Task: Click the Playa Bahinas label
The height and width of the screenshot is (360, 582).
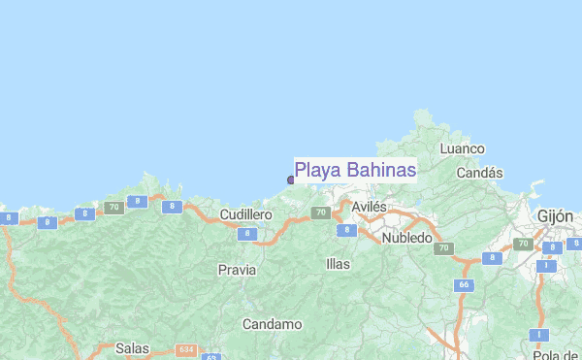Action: pyautogui.click(x=355, y=171)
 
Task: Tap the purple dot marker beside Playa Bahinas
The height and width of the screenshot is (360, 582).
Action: pyautogui.click(x=290, y=180)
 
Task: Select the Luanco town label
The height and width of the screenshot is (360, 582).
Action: pyautogui.click(x=462, y=148)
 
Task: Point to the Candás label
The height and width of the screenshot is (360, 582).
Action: pyautogui.click(x=480, y=173)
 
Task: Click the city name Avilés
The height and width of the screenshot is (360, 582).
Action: pyautogui.click(x=369, y=208)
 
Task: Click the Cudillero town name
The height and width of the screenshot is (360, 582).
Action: pyautogui.click(x=245, y=213)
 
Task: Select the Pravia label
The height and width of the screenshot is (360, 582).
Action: pyautogui.click(x=237, y=269)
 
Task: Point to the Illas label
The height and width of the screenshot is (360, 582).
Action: pyautogui.click(x=338, y=263)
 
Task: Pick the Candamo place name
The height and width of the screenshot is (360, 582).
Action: pyautogui.click(x=272, y=324)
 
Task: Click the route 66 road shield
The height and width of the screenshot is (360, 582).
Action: pyautogui.click(x=464, y=285)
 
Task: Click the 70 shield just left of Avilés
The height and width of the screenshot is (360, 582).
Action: pyautogui.click(x=320, y=213)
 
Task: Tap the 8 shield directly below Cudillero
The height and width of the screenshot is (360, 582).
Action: pyautogui.click(x=247, y=234)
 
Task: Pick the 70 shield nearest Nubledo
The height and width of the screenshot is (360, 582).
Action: pyautogui.click(x=444, y=248)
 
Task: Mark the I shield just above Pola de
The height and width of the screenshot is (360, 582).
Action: pyautogui.click(x=538, y=335)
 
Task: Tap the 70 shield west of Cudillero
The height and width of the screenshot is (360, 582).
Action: pyautogui.click(x=113, y=207)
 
